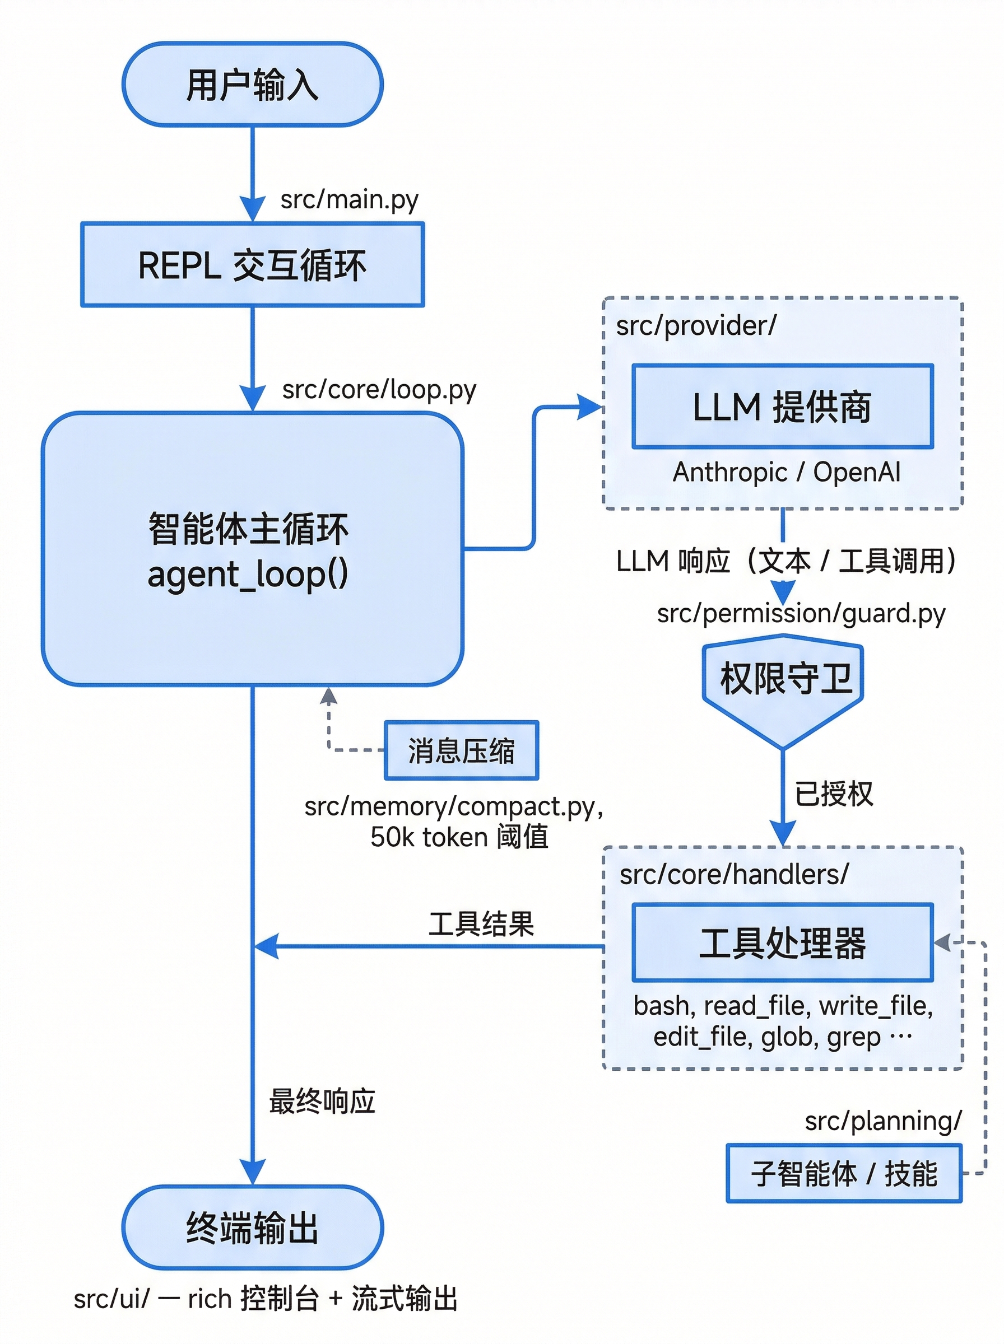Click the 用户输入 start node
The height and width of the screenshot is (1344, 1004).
(252, 85)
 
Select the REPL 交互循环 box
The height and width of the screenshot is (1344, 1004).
(252, 265)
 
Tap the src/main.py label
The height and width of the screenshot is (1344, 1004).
(349, 200)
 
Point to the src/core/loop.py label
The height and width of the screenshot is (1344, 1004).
(379, 389)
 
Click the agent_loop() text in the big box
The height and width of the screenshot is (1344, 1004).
(248, 574)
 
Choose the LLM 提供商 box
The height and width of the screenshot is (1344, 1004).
(782, 407)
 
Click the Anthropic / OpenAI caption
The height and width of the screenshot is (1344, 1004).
(786, 472)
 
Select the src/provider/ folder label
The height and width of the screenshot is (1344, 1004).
(696, 326)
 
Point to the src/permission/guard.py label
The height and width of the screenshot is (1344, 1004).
(801, 613)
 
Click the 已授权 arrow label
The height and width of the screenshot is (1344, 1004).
(833, 793)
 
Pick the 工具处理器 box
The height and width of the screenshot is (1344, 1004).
(782, 942)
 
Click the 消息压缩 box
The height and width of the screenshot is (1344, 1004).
(461, 750)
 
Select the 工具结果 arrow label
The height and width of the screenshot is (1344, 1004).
(481, 924)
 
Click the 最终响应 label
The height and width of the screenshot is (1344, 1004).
(322, 1101)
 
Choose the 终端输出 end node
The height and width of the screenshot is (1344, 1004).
(252, 1227)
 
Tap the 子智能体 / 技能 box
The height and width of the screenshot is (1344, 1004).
(844, 1173)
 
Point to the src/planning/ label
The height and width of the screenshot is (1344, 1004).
(882, 1121)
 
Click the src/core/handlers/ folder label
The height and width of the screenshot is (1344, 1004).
(733, 875)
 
